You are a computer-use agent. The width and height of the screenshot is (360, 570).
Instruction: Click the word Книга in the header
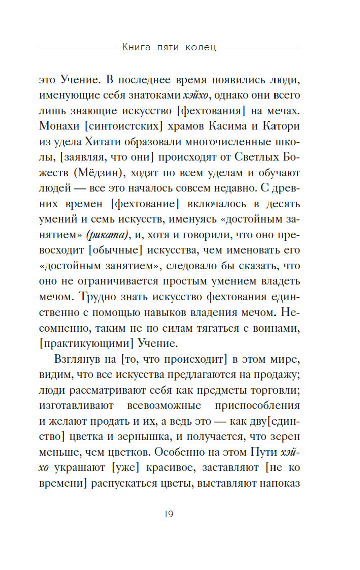tap(138, 48)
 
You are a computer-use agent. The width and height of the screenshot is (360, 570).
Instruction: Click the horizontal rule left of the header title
tap(76, 48)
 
